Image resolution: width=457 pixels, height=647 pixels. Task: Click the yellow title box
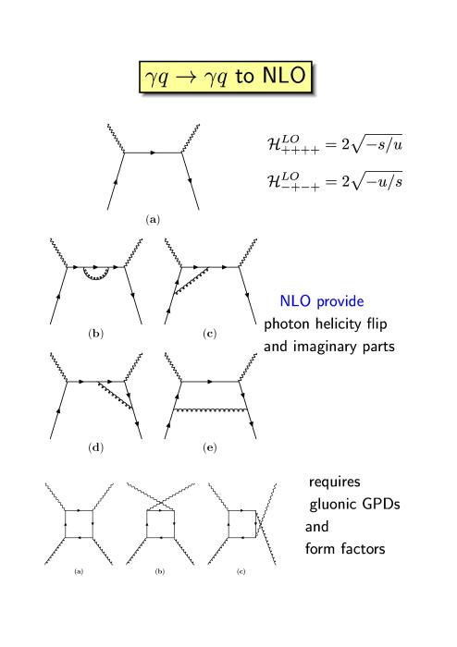pyautogui.click(x=226, y=77)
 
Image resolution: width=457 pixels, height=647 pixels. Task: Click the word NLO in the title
pyautogui.click(x=284, y=76)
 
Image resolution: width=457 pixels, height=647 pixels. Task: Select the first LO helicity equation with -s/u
pyautogui.click(x=334, y=144)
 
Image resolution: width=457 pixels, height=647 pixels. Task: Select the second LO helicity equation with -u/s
pyautogui.click(x=334, y=181)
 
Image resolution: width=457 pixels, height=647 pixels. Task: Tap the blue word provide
pyautogui.click(x=340, y=301)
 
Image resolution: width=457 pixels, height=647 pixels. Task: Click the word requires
pyautogui.click(x=334, y=482)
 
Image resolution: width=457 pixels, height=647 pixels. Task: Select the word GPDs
pyautogui.click(x=381, y=504)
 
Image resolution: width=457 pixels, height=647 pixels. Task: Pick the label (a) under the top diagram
pyautogui.click(x=153, y=220)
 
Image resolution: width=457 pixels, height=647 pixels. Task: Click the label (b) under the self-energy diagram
pyautogui.click(x=96, y=334)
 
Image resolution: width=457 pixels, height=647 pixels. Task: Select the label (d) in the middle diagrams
pyautogui.click(x=96, y=447)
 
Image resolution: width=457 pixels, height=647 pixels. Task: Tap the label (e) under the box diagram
pyautogui.click(x=210, y=447)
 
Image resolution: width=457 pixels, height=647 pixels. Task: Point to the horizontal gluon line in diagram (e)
pyautogui.click(x=211, y=410)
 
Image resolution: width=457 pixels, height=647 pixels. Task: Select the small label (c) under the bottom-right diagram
pyautogui.click(x=241, y=571)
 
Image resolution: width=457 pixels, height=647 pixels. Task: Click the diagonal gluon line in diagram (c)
pyautogui.click(x=191, y=281)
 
